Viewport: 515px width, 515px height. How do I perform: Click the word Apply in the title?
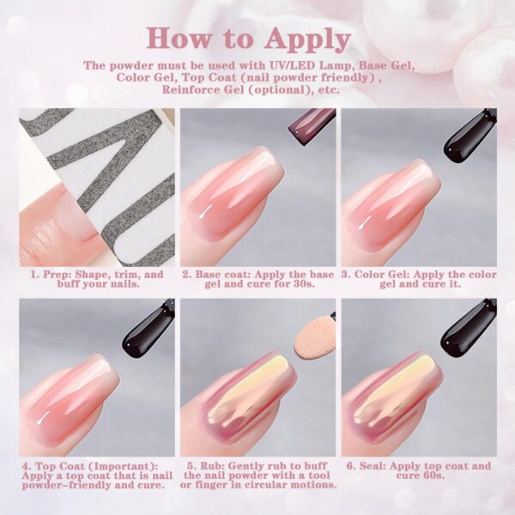point(308,39)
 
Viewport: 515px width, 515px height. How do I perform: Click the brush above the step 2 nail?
point(312,125)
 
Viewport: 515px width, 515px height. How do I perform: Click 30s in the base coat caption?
point(304,283)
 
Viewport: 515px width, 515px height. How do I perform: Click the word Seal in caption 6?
point(373,466)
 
